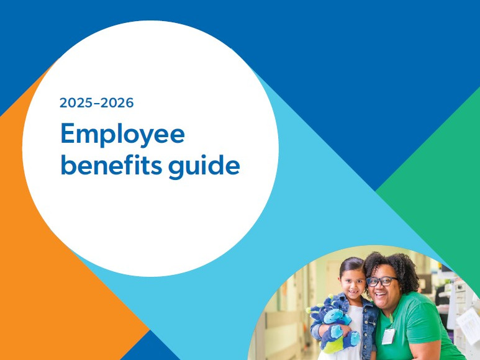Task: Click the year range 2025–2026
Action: tap(96, 103)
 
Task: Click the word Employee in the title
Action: tap(122, 134)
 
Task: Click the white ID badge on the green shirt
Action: tap(389, 336)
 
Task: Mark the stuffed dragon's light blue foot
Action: tap(351, 338)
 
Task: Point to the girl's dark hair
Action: tap(351, 264)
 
